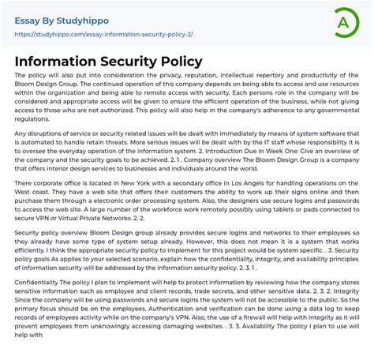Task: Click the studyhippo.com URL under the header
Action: click(103, 35)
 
